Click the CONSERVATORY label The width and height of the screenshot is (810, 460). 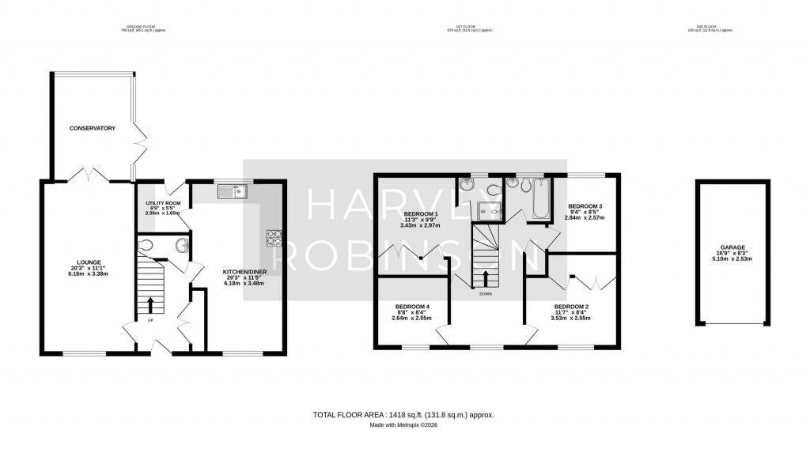click(92, 128)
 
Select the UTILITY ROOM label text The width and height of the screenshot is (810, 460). click(163, 203)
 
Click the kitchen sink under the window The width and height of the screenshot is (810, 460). click(234, 190)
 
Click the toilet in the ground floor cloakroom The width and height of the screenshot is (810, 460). click(145, 247)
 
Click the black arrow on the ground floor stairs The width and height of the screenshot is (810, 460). click(150, 304)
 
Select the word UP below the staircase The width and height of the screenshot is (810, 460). click(150, 320)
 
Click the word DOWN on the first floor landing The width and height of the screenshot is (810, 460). click(486, 294)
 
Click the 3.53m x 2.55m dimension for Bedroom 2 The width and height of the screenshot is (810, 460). click(571, 319)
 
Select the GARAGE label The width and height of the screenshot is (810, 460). click(732, 247)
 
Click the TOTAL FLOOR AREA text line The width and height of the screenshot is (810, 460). click(403, 414)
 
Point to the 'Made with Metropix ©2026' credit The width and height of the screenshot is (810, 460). click(403, 424)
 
